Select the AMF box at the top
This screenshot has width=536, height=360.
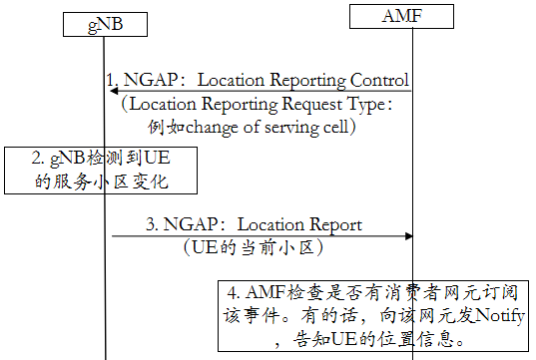[x=412, y=17]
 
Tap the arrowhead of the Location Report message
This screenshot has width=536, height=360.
[x=407, y=236]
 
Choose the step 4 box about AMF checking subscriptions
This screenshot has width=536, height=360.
[x=376, y=316]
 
